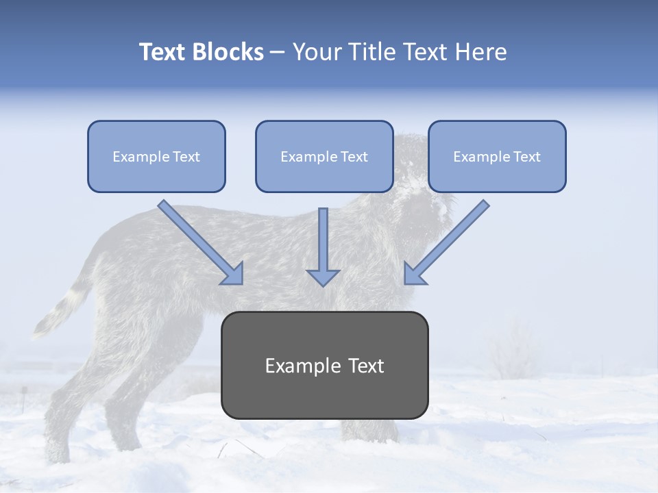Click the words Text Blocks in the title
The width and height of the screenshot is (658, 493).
[201, 52]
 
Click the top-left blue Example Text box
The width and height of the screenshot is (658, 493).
[156, 156]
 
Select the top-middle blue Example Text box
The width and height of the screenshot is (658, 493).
[324, 156]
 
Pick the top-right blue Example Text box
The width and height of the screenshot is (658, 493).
[497, 156]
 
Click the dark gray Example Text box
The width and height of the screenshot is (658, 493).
[324, 365]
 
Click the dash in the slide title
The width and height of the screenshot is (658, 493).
[278, 53]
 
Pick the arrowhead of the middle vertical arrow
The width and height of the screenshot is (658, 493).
[323, 277]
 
